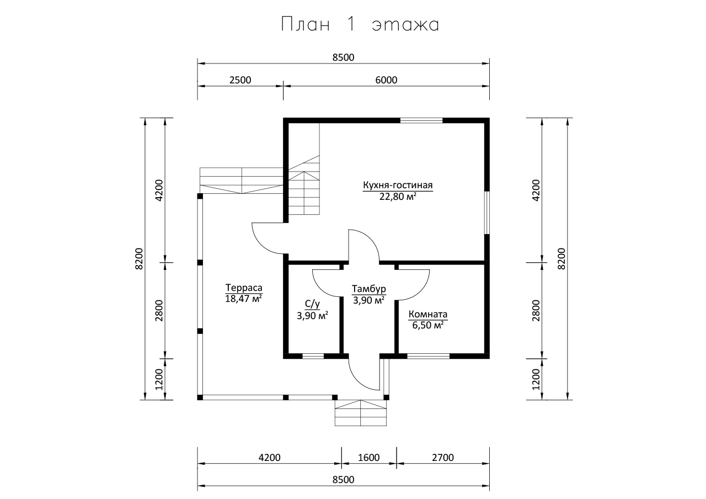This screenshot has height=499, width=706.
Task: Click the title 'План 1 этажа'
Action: point(360,24)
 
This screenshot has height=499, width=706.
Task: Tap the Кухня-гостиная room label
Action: point(398,185)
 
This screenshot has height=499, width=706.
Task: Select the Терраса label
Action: point(244,288)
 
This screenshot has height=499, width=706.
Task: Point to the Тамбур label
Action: point(369,289)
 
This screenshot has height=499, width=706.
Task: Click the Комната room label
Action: point(428,314)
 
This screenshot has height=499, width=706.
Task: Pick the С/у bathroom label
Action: point(312,304)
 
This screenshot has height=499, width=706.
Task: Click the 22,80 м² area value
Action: point(398,197)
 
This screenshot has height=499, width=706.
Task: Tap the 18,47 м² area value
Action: point(244,299)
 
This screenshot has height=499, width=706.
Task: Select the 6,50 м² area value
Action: point(428,325)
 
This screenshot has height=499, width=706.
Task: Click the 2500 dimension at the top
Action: point(240,80)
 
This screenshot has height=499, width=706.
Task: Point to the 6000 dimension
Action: point(386,80)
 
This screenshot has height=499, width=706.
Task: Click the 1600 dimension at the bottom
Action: point(369,458)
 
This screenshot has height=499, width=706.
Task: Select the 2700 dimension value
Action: point(443,458)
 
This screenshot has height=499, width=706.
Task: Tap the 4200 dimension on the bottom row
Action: point(270,458)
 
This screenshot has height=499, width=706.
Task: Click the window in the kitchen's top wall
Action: point(421,120)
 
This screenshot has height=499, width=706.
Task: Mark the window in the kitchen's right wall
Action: point(487,213)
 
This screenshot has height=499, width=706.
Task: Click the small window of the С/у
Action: point(313,356)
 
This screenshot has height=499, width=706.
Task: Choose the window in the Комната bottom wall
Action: point(429,356)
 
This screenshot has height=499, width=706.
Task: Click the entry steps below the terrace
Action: point(361,413)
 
